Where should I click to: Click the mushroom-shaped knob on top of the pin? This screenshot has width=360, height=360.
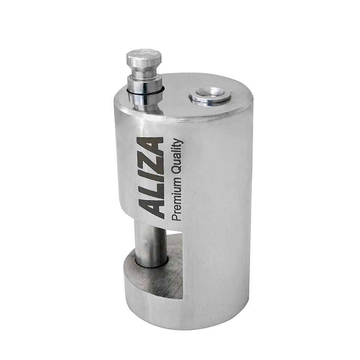[x=144, y=57]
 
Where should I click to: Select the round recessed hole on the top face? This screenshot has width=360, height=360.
[x=210, y=96]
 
